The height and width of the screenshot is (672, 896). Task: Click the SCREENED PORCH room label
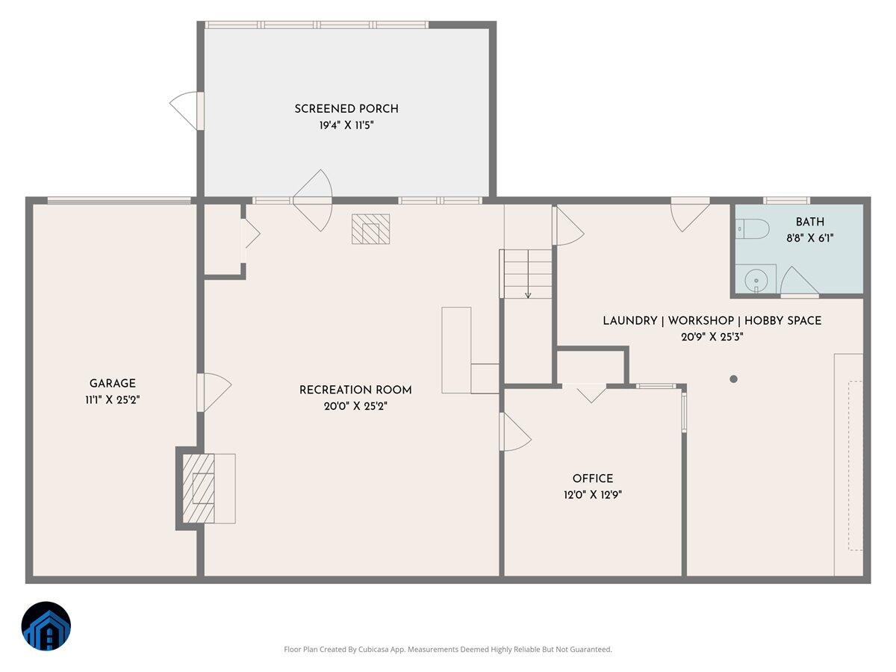(346, 109)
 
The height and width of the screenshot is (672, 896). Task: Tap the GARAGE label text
(112, 384)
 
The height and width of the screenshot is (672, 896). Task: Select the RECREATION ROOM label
(355, 390)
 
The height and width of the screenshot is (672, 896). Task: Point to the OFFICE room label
(593, 479)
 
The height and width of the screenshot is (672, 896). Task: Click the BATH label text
(810, 222)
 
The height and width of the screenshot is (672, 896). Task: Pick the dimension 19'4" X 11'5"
(346, 126)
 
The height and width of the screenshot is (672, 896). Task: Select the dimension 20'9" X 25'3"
(712, 337)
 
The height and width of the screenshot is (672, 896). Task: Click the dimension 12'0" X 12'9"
(593, 495)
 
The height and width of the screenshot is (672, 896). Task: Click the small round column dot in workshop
(733, 379)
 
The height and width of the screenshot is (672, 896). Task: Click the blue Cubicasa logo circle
(46, 626)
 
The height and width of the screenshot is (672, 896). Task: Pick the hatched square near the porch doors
(370, 229)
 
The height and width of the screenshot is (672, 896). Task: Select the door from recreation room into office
(515, 432)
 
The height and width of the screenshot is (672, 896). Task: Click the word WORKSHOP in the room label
(700, 320)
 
